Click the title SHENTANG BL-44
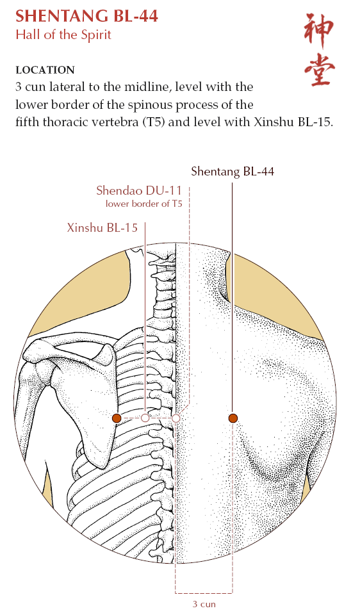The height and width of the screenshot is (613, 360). (86, 16)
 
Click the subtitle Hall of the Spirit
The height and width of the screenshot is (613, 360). (63, 35)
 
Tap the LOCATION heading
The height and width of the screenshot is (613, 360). (45, 70)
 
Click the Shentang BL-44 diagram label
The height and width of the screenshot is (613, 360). (233, 171)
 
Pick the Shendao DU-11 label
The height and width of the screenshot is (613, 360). (139, 190)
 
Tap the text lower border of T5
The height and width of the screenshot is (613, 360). (144, 204)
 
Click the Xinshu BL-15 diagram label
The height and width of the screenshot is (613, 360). (102, 227)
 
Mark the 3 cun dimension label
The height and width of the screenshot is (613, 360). (204, 604)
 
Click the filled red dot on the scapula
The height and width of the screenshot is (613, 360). (117, 418)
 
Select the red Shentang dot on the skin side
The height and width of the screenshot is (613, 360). (233, 418)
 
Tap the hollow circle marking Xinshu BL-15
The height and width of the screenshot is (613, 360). (145, 418)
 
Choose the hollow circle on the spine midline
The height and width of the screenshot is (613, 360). (176, 418)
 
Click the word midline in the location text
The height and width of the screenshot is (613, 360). (148, 86)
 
